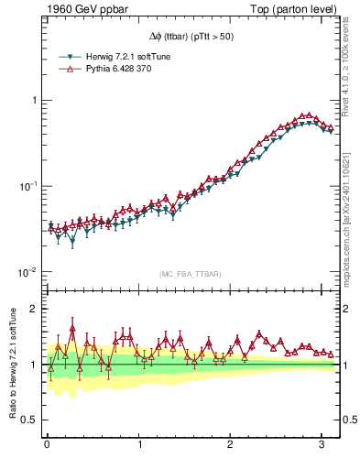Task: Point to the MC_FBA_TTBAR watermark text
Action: click(x=191, y=274)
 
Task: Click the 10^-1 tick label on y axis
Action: click(x=27, y=186)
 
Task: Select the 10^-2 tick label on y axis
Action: click(x=27, y=272)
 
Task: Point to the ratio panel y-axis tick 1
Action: click(x=33, y=365)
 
